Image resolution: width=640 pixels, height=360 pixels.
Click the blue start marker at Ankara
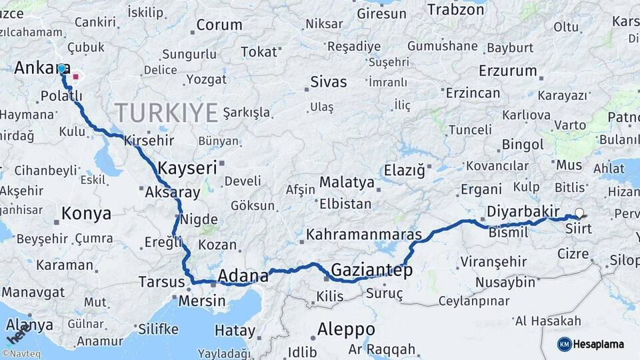pyautogui.click(x=61, y=69)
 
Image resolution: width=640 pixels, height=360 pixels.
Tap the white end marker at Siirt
pyautogui.click(x=579, y=213)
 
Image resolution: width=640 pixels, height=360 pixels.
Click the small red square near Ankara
pyautogui.click(x=75, y=77)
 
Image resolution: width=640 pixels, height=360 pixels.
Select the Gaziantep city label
pyautogui.click(x=371, y=270)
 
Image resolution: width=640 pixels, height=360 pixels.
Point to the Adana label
pyautogui.click(x=243, y=275)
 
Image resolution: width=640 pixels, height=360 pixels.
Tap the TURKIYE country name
pyautogui.click(x=166, y=112)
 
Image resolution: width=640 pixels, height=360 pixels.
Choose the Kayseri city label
pyautogui.click(x=187, y=168)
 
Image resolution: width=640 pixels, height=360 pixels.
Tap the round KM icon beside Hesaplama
pyautogui.click(x=564, y=344)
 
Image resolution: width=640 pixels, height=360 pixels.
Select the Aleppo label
pyautogui.click(x=345, y=329)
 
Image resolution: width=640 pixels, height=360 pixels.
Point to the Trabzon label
pyautogui.click(x=455, y=9)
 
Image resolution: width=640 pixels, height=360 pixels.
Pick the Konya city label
pyautogui.click(x=86, y=214)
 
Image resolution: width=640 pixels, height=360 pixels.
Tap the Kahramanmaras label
pyautogui.click(x=364, y=235)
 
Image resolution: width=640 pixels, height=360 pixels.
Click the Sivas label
pyautogui.click(x=329, y=82)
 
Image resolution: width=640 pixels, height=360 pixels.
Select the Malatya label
pyautogui.click(x=347, y=182)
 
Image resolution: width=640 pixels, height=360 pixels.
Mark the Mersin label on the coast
pyautogui.click(x=202, y=301)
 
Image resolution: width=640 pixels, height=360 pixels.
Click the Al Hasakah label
pyautogui.click(x=549, y=321)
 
